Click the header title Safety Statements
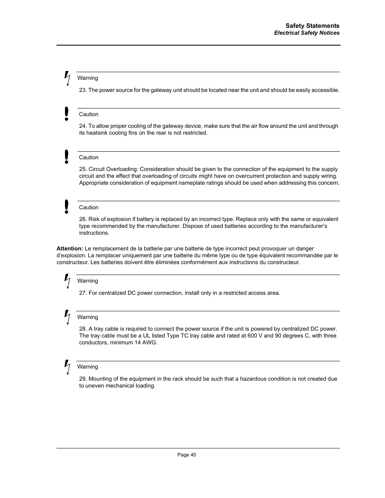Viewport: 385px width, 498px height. [312, 26]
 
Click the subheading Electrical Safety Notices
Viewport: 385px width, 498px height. [307, 33]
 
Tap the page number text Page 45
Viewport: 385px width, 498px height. [187, 455]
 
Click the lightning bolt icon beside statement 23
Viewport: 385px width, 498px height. [67, 78]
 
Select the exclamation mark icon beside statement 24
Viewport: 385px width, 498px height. [67, 114]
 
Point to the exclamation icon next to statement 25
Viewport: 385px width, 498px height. [67, 157]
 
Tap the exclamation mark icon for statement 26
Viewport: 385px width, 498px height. [67, 206]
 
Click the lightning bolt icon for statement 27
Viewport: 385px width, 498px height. [67, 281]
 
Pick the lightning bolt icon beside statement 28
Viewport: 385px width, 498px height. [67, 317]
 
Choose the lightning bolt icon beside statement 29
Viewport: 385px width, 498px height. [67, 367]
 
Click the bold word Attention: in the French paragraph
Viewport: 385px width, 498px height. [70, 249]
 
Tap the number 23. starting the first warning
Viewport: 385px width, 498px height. [83, 90]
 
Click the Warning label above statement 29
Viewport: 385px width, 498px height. [88, 367]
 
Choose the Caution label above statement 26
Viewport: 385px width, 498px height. [89, 208]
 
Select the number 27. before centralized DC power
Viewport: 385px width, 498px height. [83, 293]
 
